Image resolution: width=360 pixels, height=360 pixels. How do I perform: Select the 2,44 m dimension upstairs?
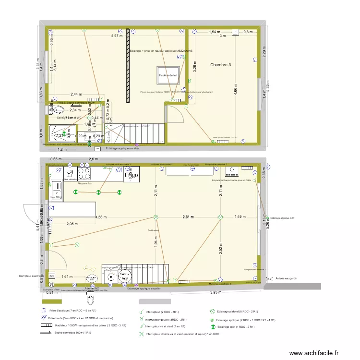tap(76, 94)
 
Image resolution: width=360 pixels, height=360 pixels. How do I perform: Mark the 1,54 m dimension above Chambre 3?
tap(214, 32)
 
